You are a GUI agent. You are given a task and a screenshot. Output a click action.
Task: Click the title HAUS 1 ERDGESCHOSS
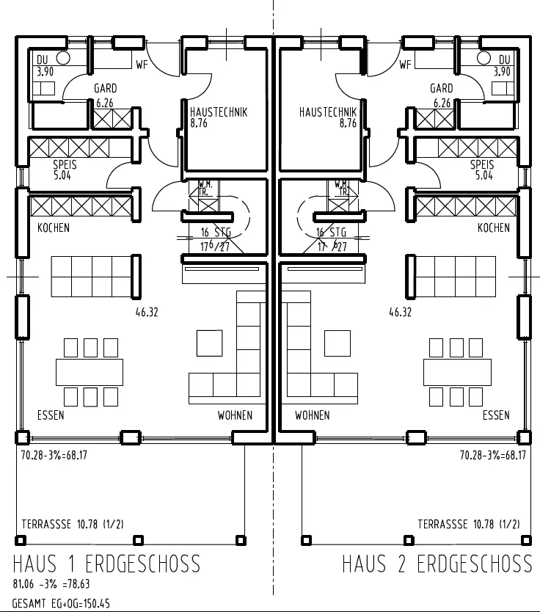coord(106,564)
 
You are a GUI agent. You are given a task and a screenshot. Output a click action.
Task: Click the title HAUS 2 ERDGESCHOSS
coord(437,564)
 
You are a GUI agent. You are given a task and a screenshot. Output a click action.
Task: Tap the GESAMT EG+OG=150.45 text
coord(61,603)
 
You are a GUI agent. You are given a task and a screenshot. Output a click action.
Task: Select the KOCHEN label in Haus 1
coord(54,228)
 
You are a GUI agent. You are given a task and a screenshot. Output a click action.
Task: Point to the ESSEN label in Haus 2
coord(496,415)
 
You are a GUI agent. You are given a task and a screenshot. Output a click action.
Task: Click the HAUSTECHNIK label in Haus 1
coord(218,112)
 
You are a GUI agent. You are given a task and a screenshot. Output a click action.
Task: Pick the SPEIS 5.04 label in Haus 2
coord(482,170)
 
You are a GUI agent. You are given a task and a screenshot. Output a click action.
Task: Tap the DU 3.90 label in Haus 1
coord(44,65)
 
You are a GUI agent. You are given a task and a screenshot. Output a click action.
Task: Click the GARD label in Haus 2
coord(442,88)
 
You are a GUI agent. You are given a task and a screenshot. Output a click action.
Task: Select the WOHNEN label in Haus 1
coord(235,415)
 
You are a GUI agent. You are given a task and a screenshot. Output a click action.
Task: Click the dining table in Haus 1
coord(89,371)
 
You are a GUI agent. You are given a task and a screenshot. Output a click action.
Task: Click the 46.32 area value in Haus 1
coord(147,312)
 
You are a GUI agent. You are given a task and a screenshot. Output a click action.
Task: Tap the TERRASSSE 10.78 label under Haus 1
coord(72,524)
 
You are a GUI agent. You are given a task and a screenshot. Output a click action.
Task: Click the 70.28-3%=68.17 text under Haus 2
coord(493,455)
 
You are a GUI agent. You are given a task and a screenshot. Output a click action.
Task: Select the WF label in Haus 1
coord(142,65)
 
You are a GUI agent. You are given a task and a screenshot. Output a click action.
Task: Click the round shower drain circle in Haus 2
coord(484,58)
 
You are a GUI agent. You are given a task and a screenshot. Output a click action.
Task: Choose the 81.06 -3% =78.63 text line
coord(51,585)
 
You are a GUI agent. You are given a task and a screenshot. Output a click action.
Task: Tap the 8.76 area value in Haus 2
coord(348,123)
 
